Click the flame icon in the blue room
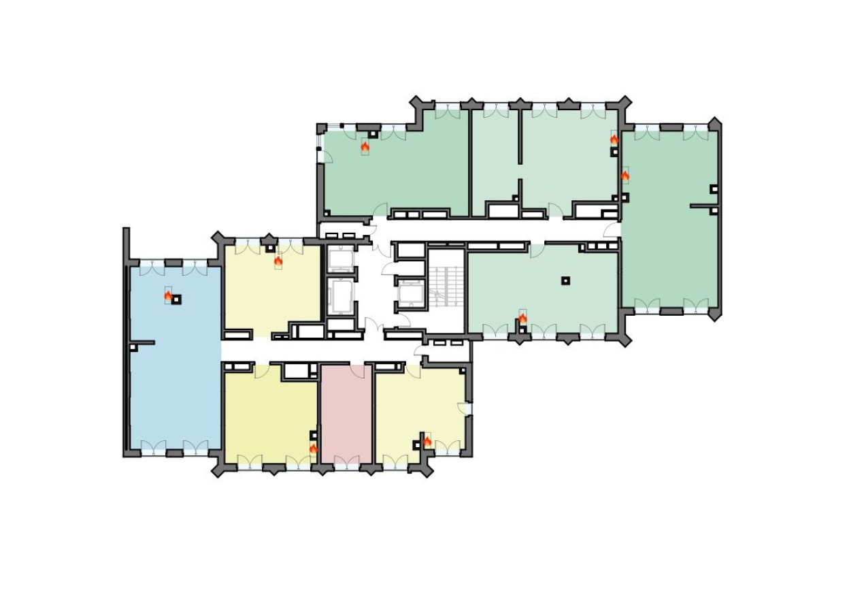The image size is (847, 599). [168, 295]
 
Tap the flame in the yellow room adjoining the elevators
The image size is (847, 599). [278, 260]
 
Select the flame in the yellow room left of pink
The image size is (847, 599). [313, 448]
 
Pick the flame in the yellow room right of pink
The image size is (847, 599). [427, 441]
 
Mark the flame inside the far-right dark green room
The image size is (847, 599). [625, 176]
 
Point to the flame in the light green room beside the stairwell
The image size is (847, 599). [522, 318]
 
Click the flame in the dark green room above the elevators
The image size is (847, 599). [365, 146]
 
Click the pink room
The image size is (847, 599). [346, 415]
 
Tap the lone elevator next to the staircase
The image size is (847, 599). [410, 294]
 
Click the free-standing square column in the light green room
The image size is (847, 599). [565, 280]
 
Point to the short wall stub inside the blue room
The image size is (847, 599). [143, 342]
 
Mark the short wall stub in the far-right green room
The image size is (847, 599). [703, 205]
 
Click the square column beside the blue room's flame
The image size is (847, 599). [176, 299]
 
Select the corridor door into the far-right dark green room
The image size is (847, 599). [612, 229]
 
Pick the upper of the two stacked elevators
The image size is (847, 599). [340, 259]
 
